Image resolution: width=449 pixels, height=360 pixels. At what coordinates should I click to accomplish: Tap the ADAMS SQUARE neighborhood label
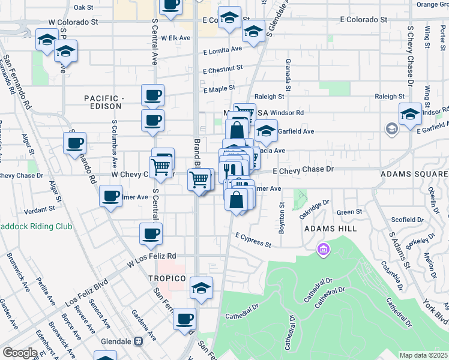coord(414,174)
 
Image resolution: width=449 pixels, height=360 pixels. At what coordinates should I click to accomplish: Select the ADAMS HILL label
coord(331,229)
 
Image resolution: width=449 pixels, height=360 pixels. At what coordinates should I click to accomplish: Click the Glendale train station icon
coord(139,341)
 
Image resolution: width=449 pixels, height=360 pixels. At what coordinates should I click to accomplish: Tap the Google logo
coord(20,353)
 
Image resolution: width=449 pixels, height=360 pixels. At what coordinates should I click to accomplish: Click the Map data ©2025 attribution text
coord(423,355)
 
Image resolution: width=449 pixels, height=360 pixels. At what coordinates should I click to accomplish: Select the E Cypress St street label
coord(253,240)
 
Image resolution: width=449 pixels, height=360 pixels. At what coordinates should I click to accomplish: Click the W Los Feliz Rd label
coord(152,259)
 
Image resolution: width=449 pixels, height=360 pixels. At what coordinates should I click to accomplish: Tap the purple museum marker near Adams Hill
coord(324,248)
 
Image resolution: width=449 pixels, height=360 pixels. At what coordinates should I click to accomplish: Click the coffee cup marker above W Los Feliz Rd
coord(151,234)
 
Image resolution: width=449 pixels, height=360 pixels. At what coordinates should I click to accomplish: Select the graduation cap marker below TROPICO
coord(202,288)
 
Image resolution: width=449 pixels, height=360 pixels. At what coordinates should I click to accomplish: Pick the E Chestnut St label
coord(222,70)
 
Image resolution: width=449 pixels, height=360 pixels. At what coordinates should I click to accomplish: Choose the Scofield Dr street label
coord(408,220)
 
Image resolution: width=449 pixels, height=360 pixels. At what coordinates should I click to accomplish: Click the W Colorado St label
coord(73,22)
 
